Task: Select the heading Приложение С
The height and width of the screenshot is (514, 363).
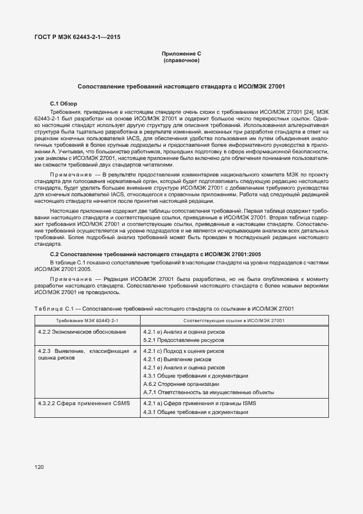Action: coord(181,54)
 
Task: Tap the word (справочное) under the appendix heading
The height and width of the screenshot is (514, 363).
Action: coord(181,60)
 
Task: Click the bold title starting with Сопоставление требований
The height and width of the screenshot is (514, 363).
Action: coord(181,87)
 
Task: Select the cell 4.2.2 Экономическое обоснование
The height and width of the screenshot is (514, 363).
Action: coord(82,332)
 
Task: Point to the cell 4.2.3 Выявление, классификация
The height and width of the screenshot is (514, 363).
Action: coord(87,354)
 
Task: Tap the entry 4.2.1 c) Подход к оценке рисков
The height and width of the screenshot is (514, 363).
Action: coord(183,351)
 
